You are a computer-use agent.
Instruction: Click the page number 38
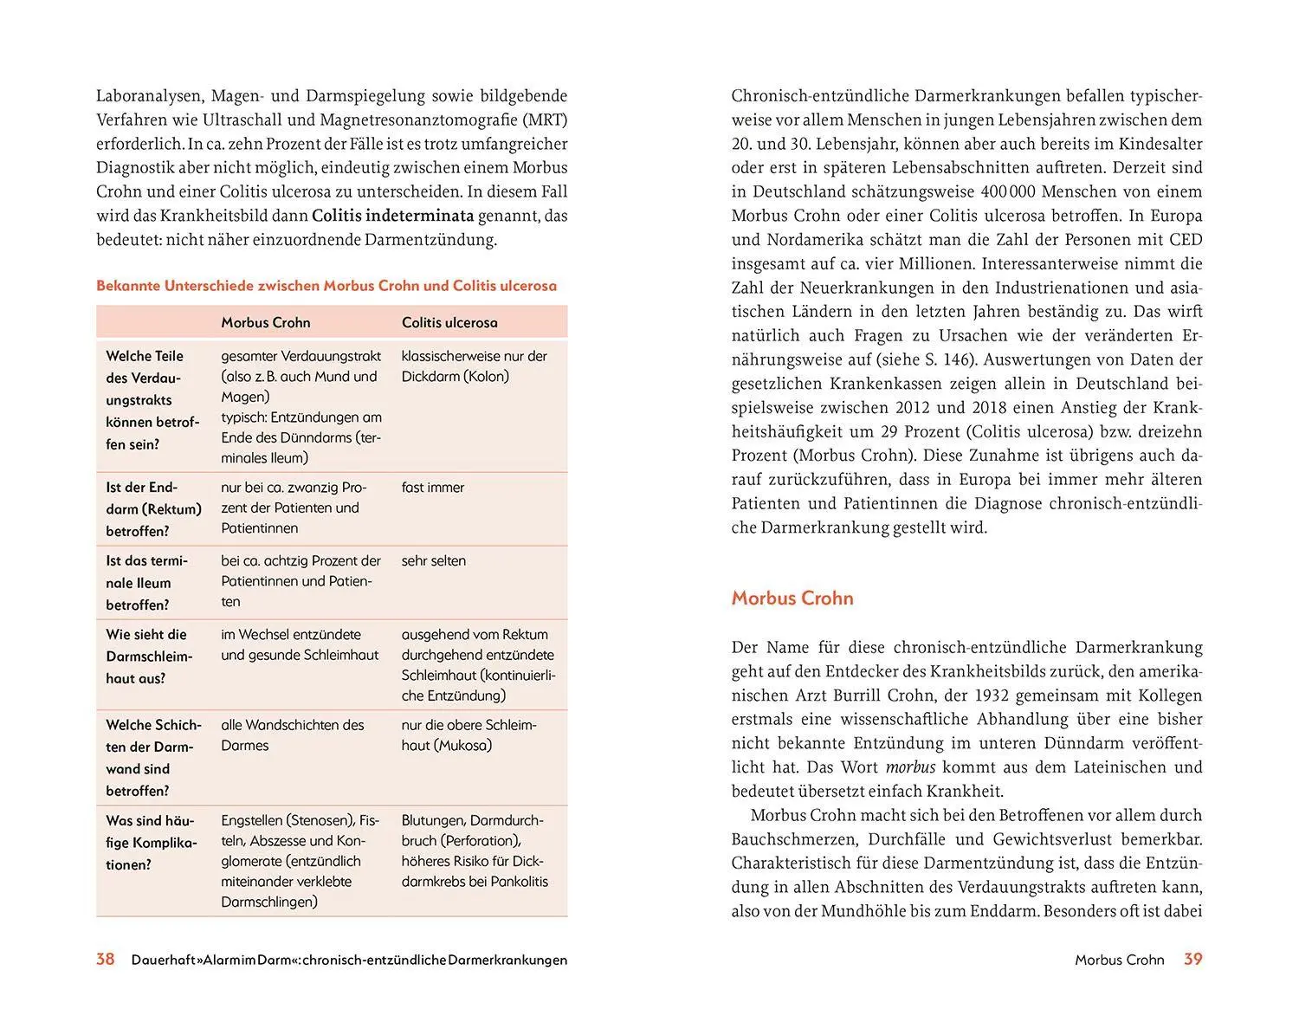(x=105, y=959)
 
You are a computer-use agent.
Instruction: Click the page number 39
(x=1192, y=959)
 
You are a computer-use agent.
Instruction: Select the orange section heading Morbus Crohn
(x=792, y=598)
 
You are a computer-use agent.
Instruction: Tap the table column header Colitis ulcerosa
(x=449, y=322)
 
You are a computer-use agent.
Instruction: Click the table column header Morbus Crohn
(x=265, y=322)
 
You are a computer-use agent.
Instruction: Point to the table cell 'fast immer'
(x=432, y=488)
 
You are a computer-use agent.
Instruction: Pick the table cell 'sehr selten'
(x=433, y=560)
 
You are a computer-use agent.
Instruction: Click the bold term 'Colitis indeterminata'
(x=392, y=216)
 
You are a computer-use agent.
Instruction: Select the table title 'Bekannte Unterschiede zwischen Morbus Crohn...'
(x=326, y=286)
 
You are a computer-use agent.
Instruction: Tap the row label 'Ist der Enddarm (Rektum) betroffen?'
(x=153, y=509)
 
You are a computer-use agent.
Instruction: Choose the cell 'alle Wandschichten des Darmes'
(x=292, y=734)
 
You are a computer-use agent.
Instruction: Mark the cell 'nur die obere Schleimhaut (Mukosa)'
(x=469, y=734)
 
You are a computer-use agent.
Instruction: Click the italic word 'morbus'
(x=910, y=767)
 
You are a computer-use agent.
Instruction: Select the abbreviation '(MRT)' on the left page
(x=545, y=120)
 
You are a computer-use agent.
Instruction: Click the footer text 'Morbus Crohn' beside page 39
(x=1119, y=960)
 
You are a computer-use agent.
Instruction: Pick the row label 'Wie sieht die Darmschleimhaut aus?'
(x=148, y=657)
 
